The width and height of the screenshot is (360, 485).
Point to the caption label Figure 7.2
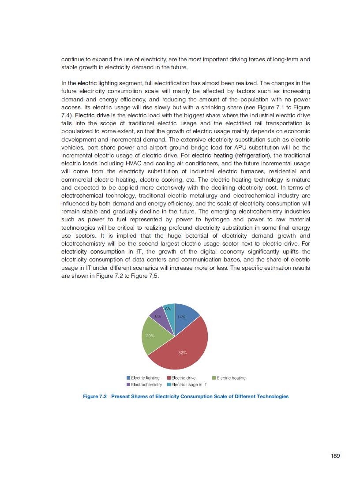pos(95,396)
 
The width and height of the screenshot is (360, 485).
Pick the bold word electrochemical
pos(82,195)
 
